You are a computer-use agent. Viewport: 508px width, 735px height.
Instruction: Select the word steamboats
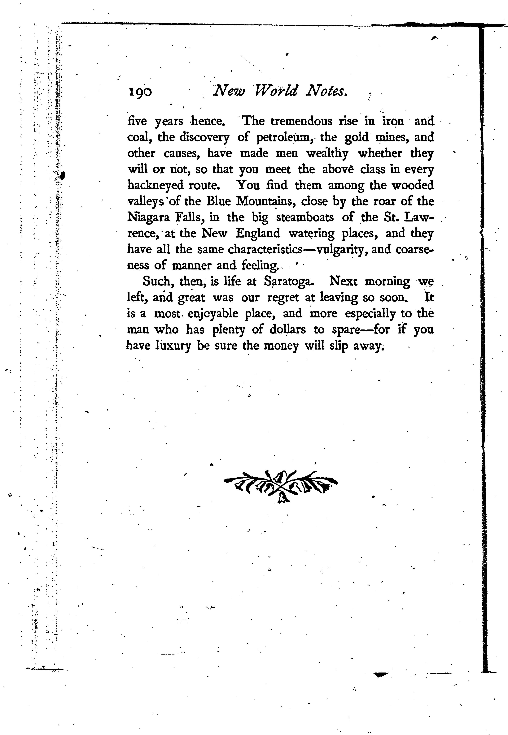tap(305, 217)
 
